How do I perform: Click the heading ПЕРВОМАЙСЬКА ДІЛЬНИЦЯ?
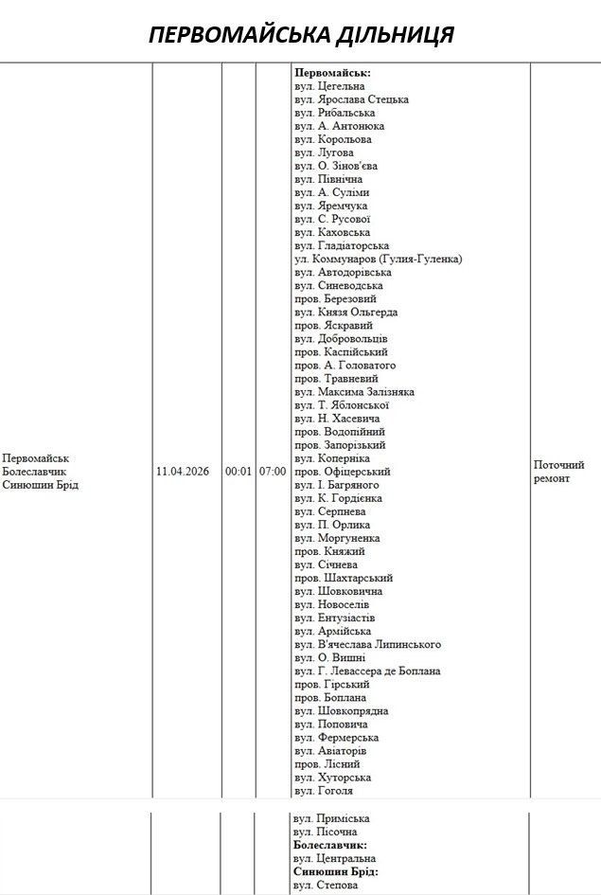pyautogui.click(x=301, y=35)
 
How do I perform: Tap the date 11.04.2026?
pyautogui.click(x=183, y=471)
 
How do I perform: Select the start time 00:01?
pyautogui.click(x=239, y=471)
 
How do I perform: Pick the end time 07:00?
pyautogui.click(x=272, y=471)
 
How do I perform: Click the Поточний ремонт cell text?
pyautogui.click(x=559, y=472)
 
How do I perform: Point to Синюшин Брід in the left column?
pyautogui.click(x=41, y=485)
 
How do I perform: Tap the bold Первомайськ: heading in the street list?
pyautogui.click(x=333, y=73)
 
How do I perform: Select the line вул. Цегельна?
pyautogui.click(x=329, y=86)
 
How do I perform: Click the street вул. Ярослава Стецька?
pyautogui.click(x=351, y=99)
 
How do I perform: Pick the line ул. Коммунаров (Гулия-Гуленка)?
pyautogui.click(x=378, y=259)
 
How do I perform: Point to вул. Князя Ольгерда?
pyautogui.click(x=345, y=312)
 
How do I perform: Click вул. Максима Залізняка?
pyautogui.click(x=354, y=391)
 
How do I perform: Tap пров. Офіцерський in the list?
pyautogui.click(x=342, y=471)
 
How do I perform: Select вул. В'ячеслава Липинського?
pyautogui.click(x=367, y=644)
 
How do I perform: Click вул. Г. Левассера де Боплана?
pyautogui.click(x=367, y=671)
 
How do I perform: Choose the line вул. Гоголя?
pyautogui.click(x=324, y=790)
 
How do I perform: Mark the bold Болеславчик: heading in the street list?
pyautogui.click(x=330, y=845)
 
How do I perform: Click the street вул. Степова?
pyautogui.click(x=326, y=885)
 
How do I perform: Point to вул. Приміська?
pyautogui.click(x=331, y=818)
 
